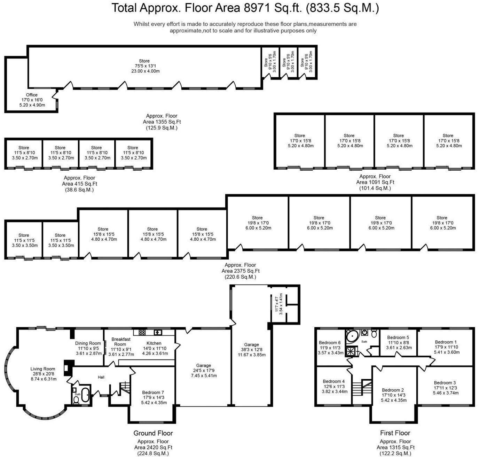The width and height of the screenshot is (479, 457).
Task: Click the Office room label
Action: click(32, 95)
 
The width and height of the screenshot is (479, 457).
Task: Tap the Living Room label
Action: click(43, 369)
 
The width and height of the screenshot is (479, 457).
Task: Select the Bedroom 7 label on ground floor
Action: click(151, 392)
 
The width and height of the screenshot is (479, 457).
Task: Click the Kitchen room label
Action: click(154, 343)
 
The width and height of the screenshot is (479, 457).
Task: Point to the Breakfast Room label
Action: click(121, 341)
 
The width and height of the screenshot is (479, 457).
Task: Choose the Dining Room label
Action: click(88, 343)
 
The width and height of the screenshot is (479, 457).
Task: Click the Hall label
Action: click(101, 377)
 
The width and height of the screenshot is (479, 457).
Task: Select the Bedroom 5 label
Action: click(398, 337)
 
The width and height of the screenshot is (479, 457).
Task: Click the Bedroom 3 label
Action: click(445, 383)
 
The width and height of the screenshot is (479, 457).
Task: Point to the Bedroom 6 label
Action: click(330, 342)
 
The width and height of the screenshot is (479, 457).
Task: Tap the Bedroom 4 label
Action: click(333, 381)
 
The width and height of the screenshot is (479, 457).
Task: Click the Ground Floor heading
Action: click(153, 433)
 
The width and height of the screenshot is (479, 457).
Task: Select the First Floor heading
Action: click(395, 433)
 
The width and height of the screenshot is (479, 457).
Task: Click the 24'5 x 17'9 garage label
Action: click(204, 371)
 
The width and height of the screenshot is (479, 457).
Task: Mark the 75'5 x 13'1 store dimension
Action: click(144, 66)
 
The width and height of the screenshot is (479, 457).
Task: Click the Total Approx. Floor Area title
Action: click(245, 7)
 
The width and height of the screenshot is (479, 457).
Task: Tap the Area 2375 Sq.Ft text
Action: click(241, 271)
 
